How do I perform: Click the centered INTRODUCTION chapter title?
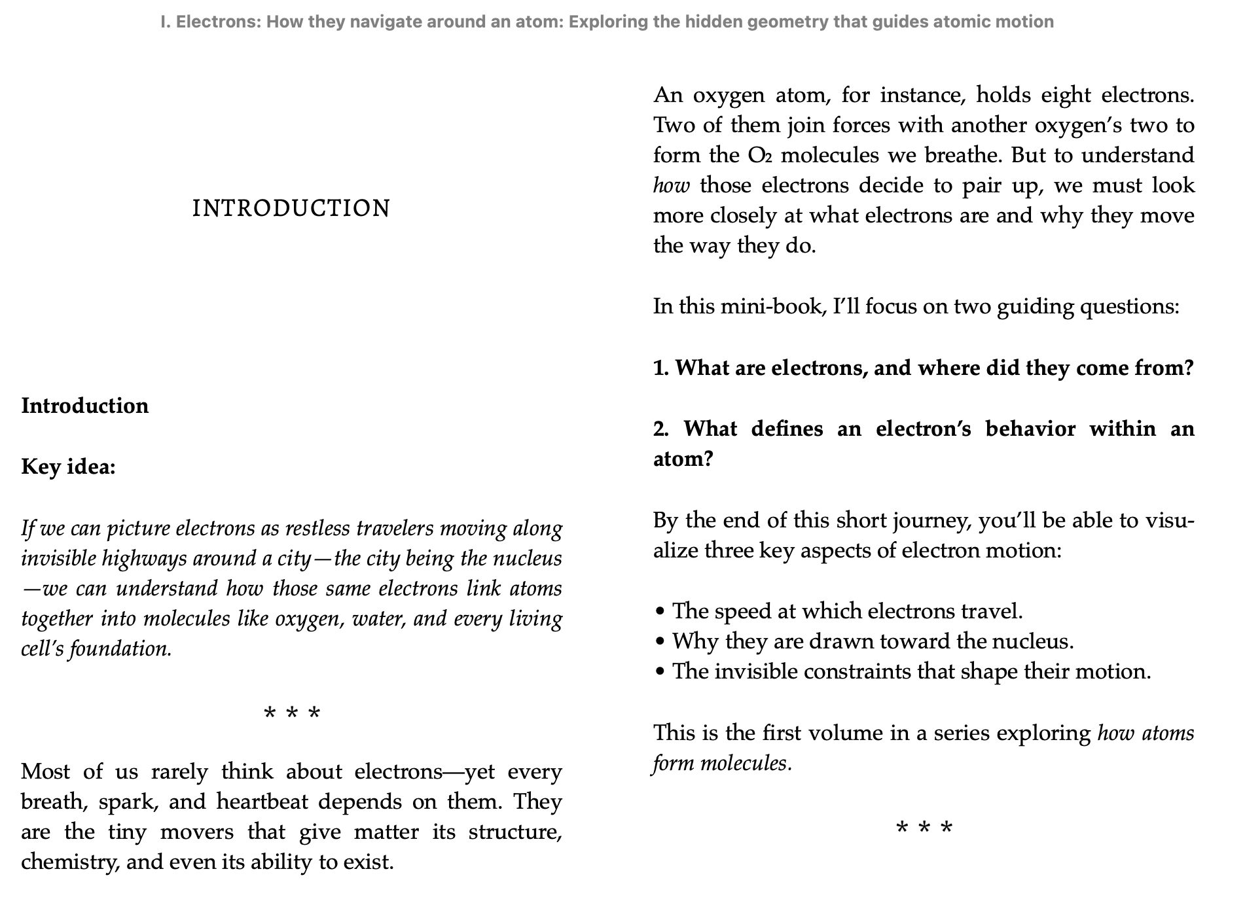coord(291,209)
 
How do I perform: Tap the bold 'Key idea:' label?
coord(68,467)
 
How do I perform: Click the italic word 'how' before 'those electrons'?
coord(671,186)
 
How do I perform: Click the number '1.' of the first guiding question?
coord(661,368)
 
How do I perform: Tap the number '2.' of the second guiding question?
coord(661,429)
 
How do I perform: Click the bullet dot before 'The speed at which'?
coord(660,612)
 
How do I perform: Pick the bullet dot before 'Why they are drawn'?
coord(660,641)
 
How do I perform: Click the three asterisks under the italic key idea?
coord(292,713)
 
